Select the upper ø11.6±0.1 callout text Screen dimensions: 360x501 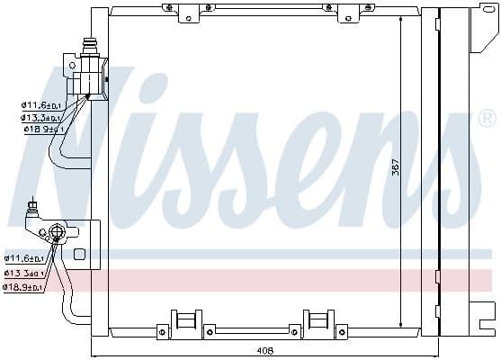41,105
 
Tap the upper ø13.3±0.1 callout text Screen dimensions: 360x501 41,117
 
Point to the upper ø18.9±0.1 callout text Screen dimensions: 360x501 41,129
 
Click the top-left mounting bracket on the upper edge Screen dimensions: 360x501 186,12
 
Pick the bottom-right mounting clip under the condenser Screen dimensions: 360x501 319,322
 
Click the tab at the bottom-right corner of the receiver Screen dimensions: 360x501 487,320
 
